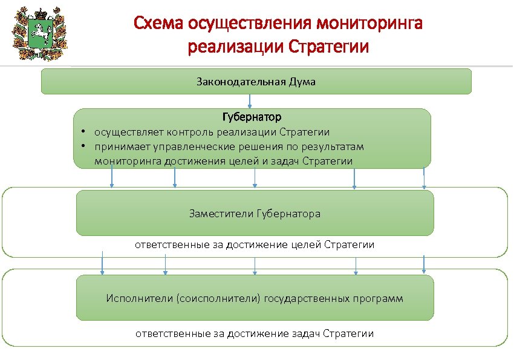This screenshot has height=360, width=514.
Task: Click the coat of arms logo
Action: [x=39, y=34]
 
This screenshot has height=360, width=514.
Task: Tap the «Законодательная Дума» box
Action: [x=256, y=81]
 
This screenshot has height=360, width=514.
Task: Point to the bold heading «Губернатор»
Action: [x=252, y=116]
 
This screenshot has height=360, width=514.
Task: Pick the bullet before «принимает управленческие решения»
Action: [x=80, y=146]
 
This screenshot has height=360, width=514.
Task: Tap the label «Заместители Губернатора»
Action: [x=255, y=214]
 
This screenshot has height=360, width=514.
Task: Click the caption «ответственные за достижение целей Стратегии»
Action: [x=254, y=245]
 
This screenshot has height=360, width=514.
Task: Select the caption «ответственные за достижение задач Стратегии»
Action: [x=254, y=333]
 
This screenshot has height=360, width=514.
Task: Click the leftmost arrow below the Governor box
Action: [x=111, y=178]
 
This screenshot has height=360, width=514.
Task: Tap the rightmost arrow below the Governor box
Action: [x=424, y=178]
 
